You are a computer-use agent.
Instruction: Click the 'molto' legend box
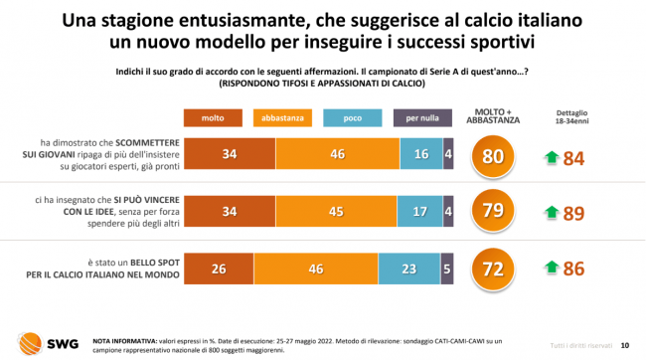click(x=213, y=118)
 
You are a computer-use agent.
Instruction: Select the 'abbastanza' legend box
click(x=282, y=118)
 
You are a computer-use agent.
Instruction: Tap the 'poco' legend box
click(x=352, y=118)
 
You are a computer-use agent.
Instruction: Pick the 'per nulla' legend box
click(x=422, y=118)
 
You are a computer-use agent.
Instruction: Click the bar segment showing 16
click(x=421, y=154)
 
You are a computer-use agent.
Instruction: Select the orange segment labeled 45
click(x=336, y=211)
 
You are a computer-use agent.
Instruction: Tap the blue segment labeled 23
click(x=409, y=269)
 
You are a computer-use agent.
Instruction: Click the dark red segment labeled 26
click(x=219, y=269)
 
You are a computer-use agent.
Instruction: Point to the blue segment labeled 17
click(x=419, y=211)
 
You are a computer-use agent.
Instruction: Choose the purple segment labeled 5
click(x=447, y=269)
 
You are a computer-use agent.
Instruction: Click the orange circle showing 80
click(x=493, y=157)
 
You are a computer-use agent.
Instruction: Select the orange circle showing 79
click(x=493, y=211)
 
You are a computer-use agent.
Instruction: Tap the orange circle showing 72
click(x=493, y=270)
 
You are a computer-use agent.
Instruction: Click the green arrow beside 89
click(x=552, y=212)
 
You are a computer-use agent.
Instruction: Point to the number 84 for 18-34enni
click(x=573, y=159)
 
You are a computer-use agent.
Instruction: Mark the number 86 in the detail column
click(x=573, y=269)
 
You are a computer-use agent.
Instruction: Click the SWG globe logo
click(x=30, y=343)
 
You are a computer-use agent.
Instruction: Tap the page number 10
click(x=625, y=345)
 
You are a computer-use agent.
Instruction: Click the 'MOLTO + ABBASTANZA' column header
click(x=493, y=116)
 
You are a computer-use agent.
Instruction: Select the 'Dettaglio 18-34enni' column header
click(x=571, y=117)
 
